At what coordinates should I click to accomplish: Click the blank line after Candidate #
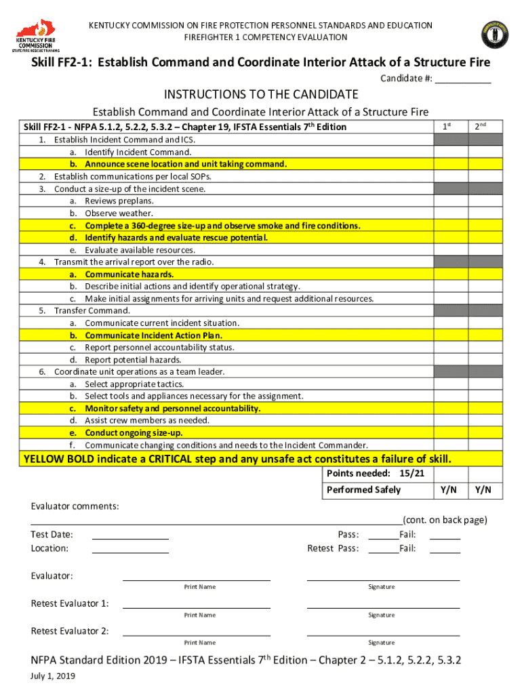462,79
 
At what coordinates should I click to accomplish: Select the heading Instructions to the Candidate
260,94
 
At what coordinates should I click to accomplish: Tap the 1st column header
447,127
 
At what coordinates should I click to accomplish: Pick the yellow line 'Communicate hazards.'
129,274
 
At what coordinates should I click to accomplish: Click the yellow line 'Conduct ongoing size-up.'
134,432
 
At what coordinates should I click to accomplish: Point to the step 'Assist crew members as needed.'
147,420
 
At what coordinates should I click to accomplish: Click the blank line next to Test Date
130,535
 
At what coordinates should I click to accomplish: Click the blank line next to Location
130,548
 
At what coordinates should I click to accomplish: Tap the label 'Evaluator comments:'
75,507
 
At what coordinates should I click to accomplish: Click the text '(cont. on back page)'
445,520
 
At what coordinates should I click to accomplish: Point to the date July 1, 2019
53,676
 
